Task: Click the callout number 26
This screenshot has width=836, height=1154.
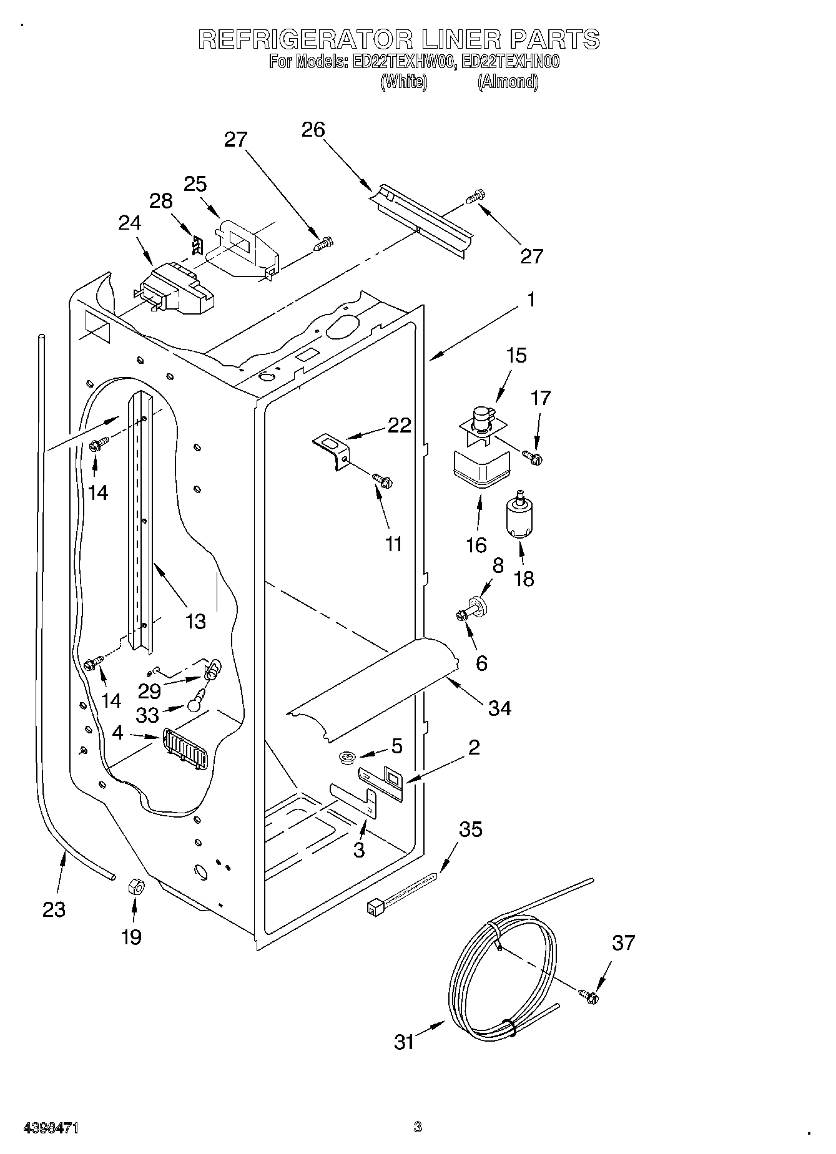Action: [x=313, y=130]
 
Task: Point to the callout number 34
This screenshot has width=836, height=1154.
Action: [x=499, y=708]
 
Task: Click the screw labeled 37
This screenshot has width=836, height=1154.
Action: [x=588, y=997]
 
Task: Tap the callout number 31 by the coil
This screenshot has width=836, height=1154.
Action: [x=405, y=1042]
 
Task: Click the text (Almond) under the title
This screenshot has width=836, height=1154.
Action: [x=508, y=82]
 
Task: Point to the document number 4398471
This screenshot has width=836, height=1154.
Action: [x=51, y=1128]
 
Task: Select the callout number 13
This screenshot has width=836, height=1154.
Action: [x=195, y=621]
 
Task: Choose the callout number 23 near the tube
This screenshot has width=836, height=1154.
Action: [x=54, y=909]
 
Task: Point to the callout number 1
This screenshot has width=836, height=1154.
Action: [x=531, y=300]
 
